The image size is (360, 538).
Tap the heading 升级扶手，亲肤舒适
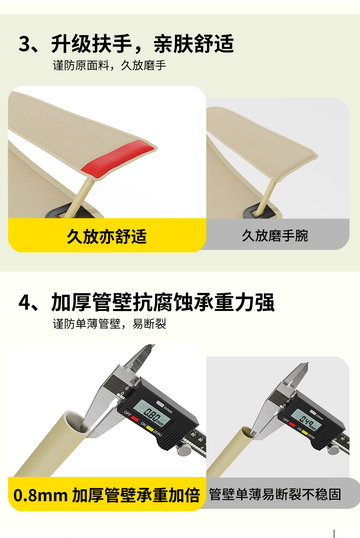click(143, 44)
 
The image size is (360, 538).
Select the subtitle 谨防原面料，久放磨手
click(109, 65)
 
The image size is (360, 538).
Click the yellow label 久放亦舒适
click(107, 237)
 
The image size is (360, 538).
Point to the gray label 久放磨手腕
click(275, 236)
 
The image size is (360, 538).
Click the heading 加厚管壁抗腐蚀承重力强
click(163, 302)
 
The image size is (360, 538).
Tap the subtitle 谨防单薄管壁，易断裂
click(109, 324)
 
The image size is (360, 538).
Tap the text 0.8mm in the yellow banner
click(40, 495)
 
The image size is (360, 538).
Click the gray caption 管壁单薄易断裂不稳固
click(275, 494)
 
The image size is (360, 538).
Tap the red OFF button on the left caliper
click(135, 419)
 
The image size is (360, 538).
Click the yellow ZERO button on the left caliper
click(150, 429)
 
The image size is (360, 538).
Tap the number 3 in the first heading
click(25, 44)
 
